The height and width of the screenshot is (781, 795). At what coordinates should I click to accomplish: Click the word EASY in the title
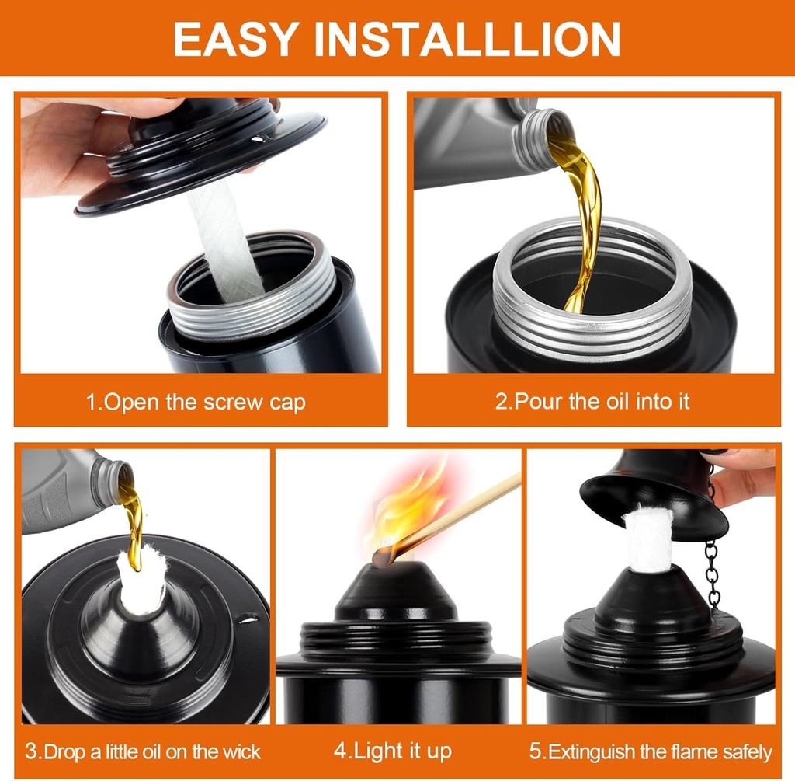pos(234,39)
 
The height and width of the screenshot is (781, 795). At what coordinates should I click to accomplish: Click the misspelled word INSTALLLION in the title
pos(467,39)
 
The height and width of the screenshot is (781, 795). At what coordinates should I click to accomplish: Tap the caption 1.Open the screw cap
pos(196,403)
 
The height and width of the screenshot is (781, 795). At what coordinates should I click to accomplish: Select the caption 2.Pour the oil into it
pos(592,402)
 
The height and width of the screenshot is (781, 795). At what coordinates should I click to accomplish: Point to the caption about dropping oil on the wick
pos(143,751)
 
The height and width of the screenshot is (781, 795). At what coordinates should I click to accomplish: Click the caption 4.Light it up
pos(392,751)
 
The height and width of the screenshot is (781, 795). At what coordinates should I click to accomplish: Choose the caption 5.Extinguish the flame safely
pos(651,751)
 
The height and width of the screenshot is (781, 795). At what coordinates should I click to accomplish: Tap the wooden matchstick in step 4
pos(457,514)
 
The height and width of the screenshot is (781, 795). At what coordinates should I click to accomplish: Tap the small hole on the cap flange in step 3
pos(249,619)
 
